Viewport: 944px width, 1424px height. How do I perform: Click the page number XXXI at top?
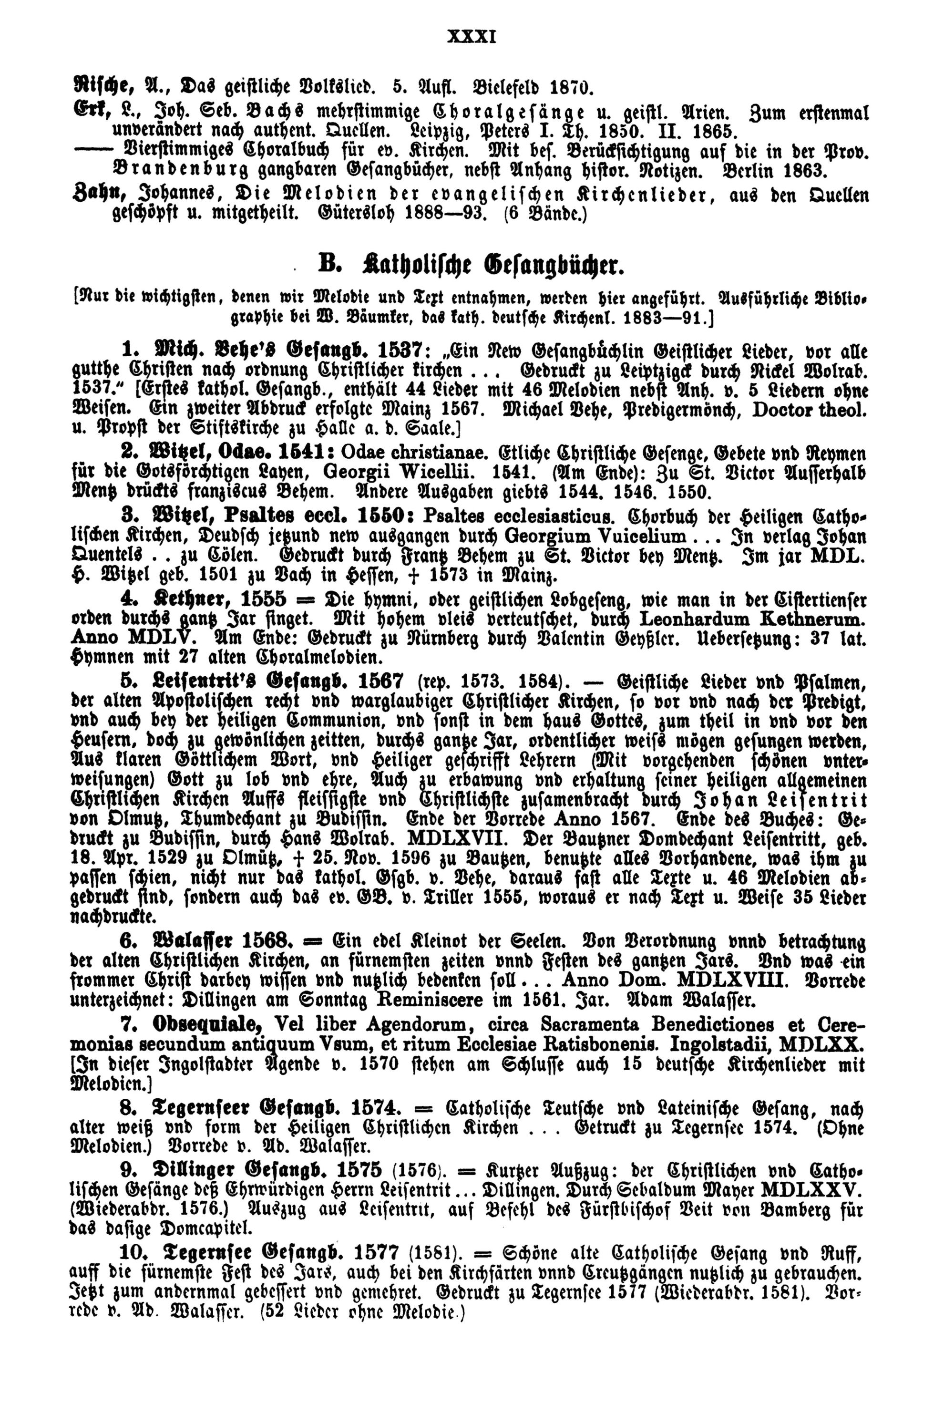tap(472, 37)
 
